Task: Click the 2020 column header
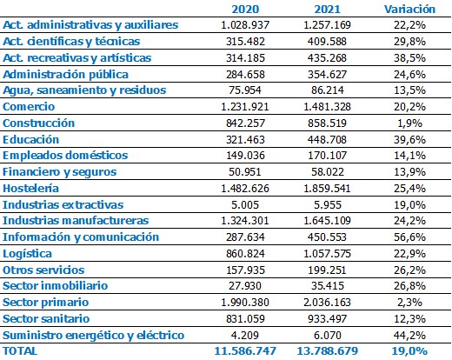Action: coord(245,10)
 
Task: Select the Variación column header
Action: coord(409,10)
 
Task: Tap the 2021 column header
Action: coord(328,10)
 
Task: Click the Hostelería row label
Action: coord(30,189)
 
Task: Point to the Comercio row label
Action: coord(29,107)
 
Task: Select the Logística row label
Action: coord(27,254)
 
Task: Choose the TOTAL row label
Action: coord(20,351)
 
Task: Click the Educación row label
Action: coord(30,140)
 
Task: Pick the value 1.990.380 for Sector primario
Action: coord(245,303)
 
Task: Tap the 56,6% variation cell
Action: coord(409,237)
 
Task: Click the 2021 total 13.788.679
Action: coord(328,351)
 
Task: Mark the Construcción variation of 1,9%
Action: coord(409,123)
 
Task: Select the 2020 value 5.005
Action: coord(245,205)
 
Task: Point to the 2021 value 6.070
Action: coord(328,336)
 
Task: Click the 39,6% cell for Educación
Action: coord(409,140)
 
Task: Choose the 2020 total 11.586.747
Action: coord(245,351)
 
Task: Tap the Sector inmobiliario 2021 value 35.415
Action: coord(328,286)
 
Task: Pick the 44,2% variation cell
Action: coord(409,336)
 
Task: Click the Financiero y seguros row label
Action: coord(59,172)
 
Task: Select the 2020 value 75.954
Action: coord(245,90)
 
